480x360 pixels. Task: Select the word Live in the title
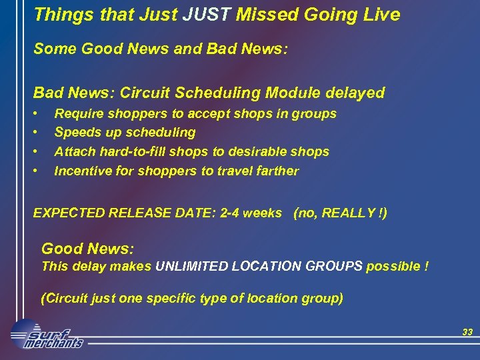(381, 14)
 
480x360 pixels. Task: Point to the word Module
(303, 93)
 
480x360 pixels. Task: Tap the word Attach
(75, 152)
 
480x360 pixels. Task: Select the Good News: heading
(88, 249)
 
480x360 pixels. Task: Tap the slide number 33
(467, 332)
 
